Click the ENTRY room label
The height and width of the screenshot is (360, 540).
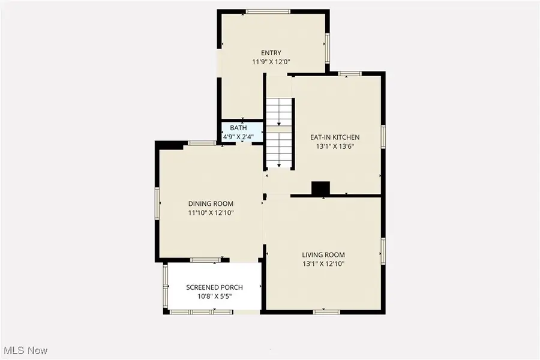(x=271, y=53)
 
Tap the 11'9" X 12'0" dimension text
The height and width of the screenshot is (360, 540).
(x=271, y=62)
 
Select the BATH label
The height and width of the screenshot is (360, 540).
(x=238, y=128)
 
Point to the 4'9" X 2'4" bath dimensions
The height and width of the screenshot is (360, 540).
(x=238, y=137)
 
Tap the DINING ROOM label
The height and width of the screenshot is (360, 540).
(x=211, y=203)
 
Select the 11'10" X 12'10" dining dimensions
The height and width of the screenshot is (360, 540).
(x=211, y=212)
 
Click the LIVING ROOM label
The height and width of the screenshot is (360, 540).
(x=323, y=254)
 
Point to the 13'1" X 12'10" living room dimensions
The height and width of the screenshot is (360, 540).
(x=323, y=263)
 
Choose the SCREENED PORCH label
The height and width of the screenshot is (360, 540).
(x=214, y=287)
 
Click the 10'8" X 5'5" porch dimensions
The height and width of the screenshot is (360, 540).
(x=214, y=296)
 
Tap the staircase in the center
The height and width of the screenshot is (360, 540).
(x=278, y=133)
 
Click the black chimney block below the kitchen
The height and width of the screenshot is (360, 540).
(x=320, y=188)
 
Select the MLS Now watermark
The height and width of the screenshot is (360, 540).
(x=26, y=350)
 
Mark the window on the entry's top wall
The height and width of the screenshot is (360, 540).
(x=268, y=11)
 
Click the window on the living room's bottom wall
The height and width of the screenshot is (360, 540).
(x=326, y=311)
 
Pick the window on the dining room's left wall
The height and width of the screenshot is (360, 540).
(x=158, y=204)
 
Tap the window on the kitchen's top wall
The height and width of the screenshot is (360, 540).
(x=349, y=74)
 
